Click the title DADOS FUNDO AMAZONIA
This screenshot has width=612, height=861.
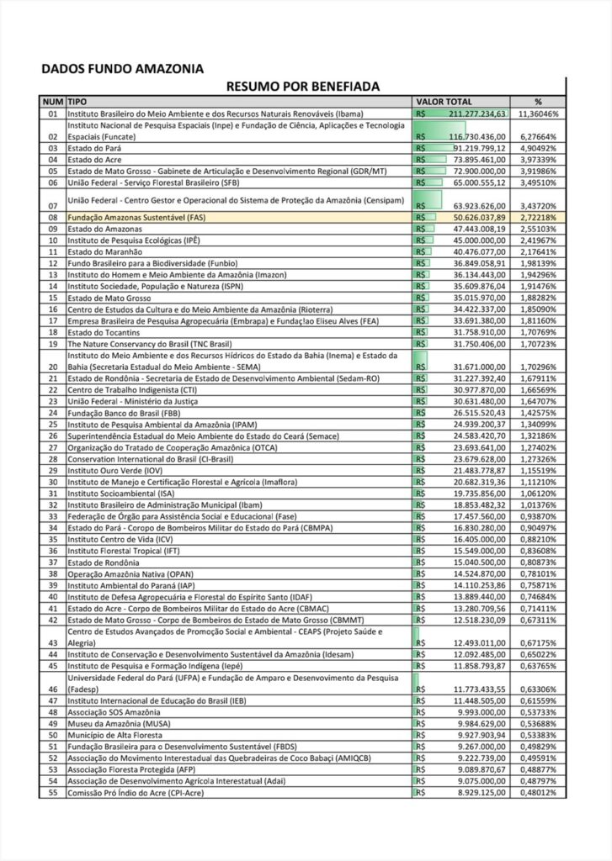click(122, 69)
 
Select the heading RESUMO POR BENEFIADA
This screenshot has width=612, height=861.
click(302, 86)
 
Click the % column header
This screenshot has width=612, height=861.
click(538, 101)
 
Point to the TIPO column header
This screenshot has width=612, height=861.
click(78, 101)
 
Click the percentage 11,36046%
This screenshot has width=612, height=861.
click(538, 113)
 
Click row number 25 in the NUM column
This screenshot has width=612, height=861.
click(52, 425)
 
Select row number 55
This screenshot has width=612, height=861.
click(52, 792)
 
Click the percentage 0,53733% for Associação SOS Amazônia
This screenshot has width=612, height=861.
click(538, 711)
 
